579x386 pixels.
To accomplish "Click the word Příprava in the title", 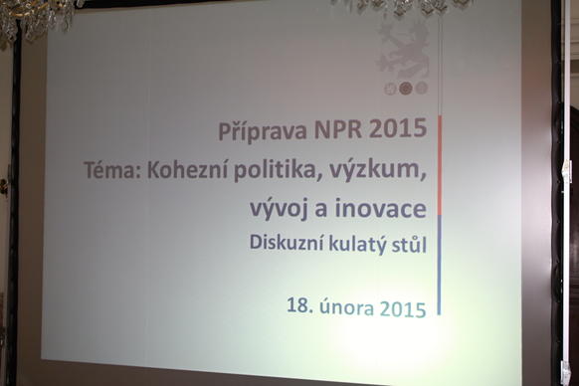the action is click(x=263, y=130).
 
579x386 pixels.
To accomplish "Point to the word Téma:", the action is click(x=112, y=170).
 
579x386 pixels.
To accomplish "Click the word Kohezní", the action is click(x=188, y=170).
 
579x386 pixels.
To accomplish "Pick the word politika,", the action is click(x=278, y=171).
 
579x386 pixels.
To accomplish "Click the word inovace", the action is click(x=381, y=208).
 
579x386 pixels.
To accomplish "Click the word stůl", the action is click(x=406, y=244).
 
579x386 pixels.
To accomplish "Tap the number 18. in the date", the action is click(x=300, y=305).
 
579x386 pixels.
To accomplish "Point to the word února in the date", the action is click(x=347, y=307).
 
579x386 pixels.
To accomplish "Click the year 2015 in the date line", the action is click(x=403, y=309).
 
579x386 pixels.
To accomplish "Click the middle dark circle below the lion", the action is click(x=406, y=88).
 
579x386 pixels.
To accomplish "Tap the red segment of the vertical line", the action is click(x=440, y=165).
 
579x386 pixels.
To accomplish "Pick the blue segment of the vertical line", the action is click(x=440, y=265).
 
